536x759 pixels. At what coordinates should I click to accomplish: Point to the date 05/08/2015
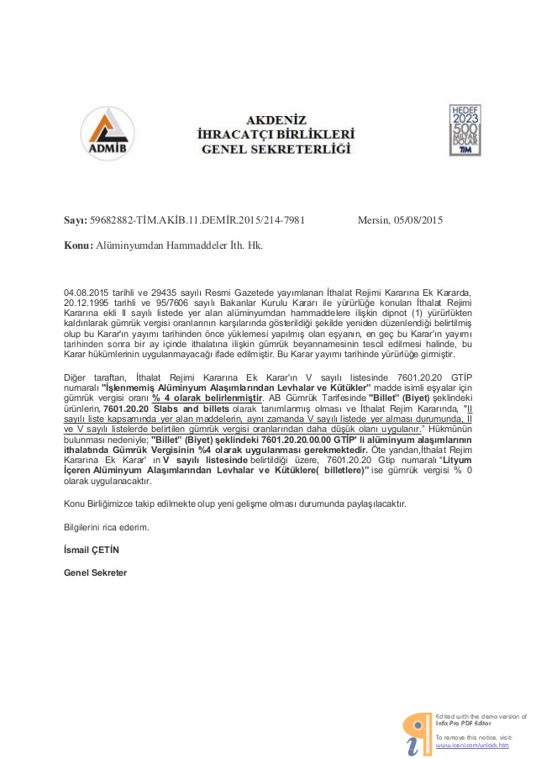click(x=418, y=220)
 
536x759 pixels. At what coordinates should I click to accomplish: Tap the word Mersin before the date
click(x=373, y=220)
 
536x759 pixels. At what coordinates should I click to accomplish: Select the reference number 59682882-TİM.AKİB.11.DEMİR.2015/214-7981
click(x=197, y=220)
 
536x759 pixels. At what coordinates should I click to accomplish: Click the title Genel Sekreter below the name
click(x=95, y=572)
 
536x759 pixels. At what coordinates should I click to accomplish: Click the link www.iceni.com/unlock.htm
click(x=471, y=744)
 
